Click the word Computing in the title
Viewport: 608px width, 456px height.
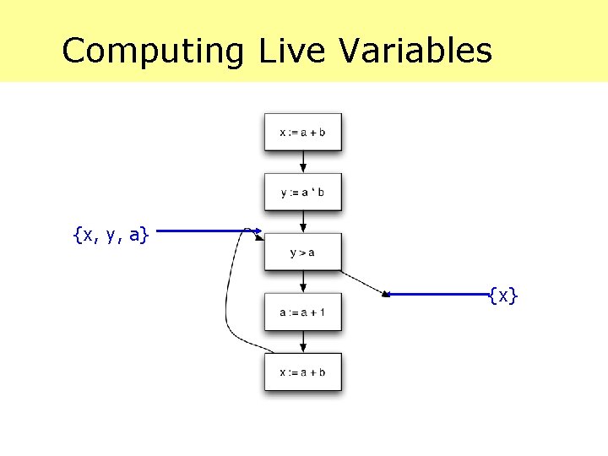(x=152, y=51)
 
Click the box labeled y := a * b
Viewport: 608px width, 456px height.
(x=302, y=192)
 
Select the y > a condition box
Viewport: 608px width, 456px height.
(x=302, y=252)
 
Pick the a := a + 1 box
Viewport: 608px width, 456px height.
(x=302, y=312)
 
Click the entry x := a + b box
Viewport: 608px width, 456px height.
(x=302, y=132)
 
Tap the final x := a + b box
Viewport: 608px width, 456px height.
(x=302, y=372)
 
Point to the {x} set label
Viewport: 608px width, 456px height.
(x=503, y=295)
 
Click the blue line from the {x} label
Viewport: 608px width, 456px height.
(x=439, y=295)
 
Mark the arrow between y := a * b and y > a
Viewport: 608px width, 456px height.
(x=303, y=221)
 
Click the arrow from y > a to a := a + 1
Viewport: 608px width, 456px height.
(x=303, y=281)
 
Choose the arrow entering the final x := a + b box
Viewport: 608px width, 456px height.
(x=303, y=342)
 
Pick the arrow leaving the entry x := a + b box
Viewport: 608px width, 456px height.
(x=303, y=161)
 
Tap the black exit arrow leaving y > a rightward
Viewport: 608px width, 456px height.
(x=363, y=282)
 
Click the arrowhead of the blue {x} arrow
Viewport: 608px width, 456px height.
(x=387, y=295)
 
